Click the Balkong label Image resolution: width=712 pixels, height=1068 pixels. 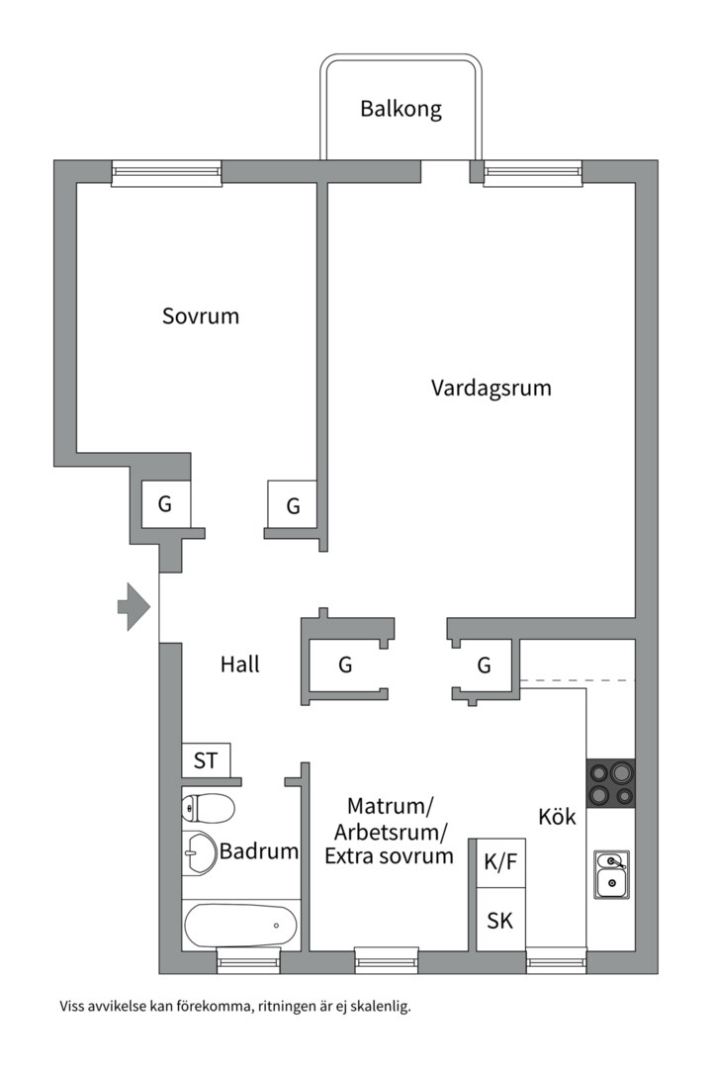(x=400, y=109)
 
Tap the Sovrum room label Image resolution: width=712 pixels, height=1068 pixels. (x=201, y=316)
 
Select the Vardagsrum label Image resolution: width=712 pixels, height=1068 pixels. (x=490, y=389)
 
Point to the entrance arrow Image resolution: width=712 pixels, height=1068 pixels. (x=133, y=606)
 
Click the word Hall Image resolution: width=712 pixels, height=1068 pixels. (x=240, y=665)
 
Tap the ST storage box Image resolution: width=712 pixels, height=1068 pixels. (x=206, y=759)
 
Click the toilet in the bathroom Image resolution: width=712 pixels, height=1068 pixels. (x=208, y=809)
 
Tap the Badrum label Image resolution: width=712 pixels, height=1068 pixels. (x=259, y=851)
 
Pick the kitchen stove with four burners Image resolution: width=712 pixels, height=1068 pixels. (x=611, y=783)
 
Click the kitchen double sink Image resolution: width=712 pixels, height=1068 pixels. (x=611, y=874)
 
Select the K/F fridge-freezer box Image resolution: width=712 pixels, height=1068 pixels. (x=500, y=863)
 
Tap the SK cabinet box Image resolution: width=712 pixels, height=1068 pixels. (x=500, y=920)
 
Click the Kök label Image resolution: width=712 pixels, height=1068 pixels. (x=557, y=817)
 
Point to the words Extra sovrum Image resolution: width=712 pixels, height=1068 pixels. (x=389, y=856)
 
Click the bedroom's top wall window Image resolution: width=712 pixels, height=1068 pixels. (x=167, y=172)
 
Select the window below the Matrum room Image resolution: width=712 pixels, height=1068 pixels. (x=387, y=960)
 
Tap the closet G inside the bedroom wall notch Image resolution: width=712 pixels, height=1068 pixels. (x=165, y=504)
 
